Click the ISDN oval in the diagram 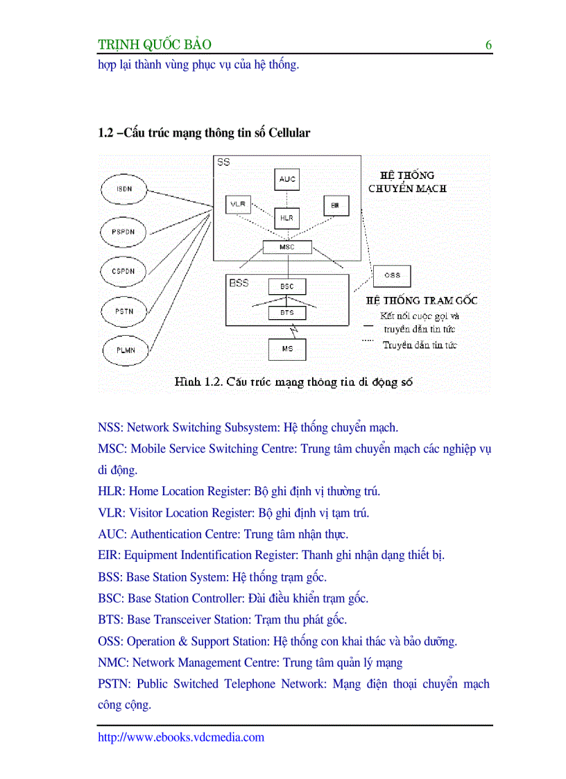[x=124, y=189]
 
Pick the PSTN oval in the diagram [x=124, y=311]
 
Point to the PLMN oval [x=126, y=350]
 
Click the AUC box [x=287, y=179]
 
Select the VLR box [x=239, y=205]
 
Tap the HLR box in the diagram [x=286, y=218]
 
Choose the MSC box [x=287, y=247]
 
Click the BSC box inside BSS [x=287, y=286]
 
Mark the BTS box [x=287, y=313]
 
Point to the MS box [x=287, y=349]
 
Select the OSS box [x=392, y=275]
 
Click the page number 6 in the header [x=488, y=46]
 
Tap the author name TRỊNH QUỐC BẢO [x=155, y=46]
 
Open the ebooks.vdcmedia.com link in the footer [x=181, y=737]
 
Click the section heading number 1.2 [x=106, y=133]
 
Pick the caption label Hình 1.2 [x=197, y=382]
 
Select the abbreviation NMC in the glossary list [x=112, y=662]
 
